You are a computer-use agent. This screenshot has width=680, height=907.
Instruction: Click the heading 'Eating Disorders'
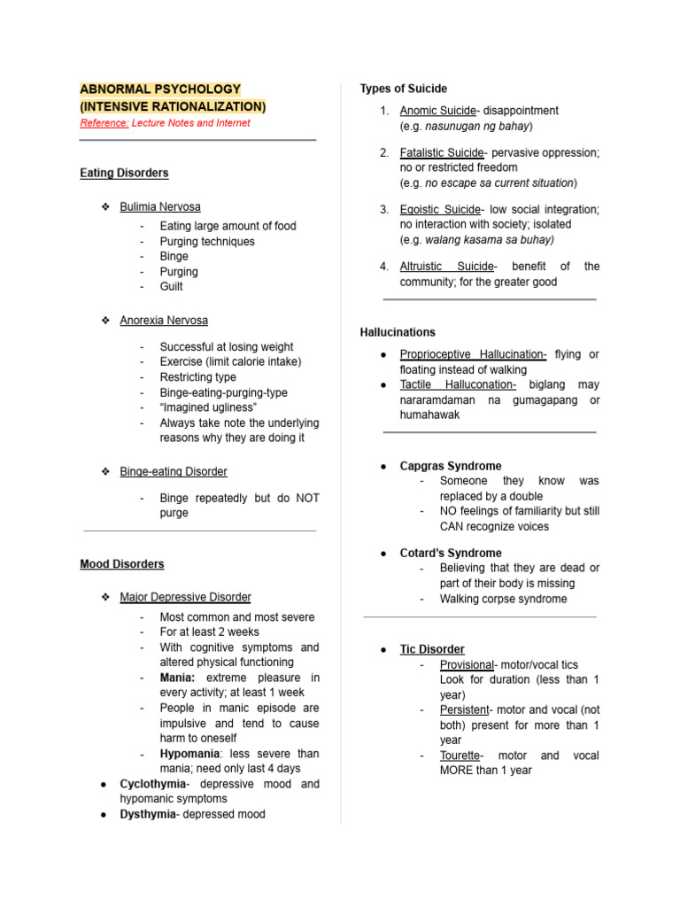(124, 173)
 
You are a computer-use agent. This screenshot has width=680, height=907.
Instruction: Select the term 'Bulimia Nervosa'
(160, 206)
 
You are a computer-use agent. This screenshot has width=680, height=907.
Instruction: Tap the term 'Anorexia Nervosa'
(164, 320)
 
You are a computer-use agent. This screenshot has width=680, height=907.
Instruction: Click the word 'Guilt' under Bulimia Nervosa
(172, 287)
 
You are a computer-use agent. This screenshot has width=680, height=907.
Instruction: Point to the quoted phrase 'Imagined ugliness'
(208, 407)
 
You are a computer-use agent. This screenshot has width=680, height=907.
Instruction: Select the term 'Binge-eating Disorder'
(174, 471)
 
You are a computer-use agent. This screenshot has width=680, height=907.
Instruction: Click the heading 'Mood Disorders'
(121, 563)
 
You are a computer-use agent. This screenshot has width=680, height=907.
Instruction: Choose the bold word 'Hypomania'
(189, 754)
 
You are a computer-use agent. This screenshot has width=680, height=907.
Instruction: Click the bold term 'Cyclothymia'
(153, 784)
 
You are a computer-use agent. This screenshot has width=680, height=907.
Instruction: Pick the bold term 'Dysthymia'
(149, 814)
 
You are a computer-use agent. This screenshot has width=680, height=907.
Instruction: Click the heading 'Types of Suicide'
(403, 89)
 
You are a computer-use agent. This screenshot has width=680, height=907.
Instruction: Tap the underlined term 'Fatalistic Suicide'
(442, 152)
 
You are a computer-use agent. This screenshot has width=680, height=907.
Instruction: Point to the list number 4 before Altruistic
(384, 267)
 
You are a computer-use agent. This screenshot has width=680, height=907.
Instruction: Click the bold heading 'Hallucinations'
(398, 332)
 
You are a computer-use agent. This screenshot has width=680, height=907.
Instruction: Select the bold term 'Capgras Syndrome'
(451, 466)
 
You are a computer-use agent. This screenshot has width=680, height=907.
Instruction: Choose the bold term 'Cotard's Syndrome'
(451, 553)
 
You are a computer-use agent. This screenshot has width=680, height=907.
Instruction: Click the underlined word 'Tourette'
(460, 756)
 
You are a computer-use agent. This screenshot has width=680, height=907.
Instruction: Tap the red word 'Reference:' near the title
(104, 123)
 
